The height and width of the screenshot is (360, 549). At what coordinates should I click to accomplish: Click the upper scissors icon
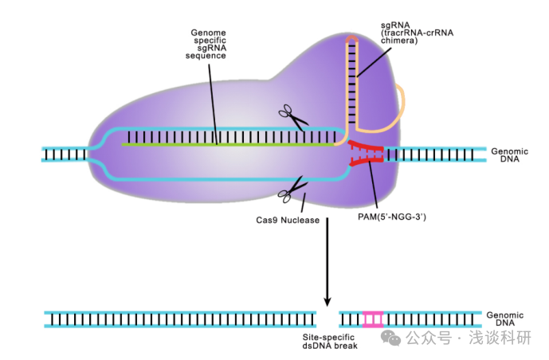click(292, 117)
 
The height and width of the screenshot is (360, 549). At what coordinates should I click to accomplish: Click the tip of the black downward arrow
click(327, 303)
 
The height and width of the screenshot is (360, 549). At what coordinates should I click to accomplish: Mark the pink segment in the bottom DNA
click(373, 319)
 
